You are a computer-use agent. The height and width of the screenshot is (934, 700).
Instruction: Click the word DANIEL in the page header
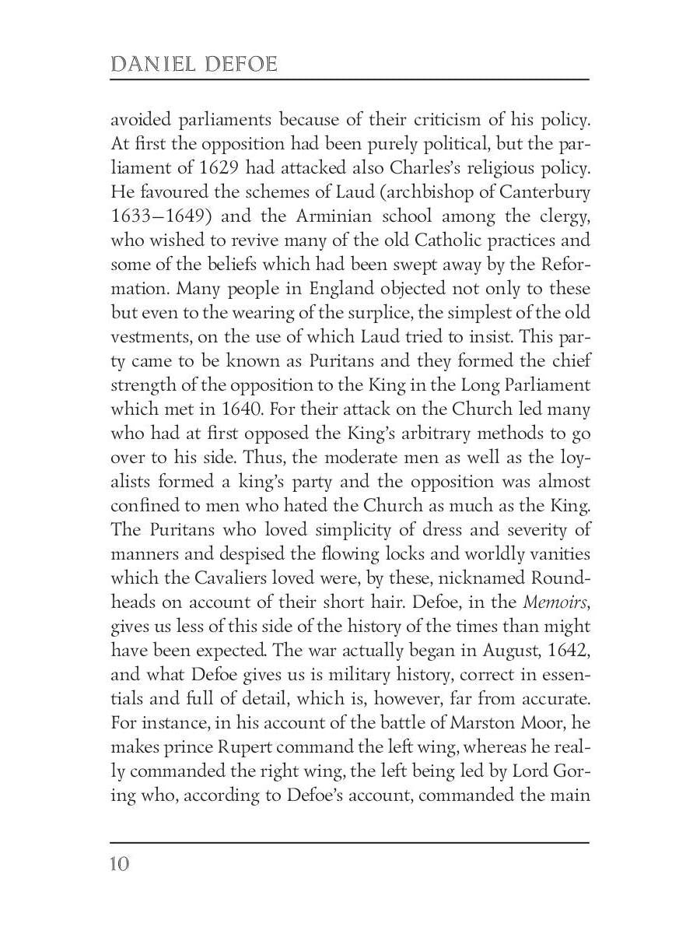(152, 64)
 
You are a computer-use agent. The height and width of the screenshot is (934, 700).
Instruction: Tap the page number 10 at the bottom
(120, 864)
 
